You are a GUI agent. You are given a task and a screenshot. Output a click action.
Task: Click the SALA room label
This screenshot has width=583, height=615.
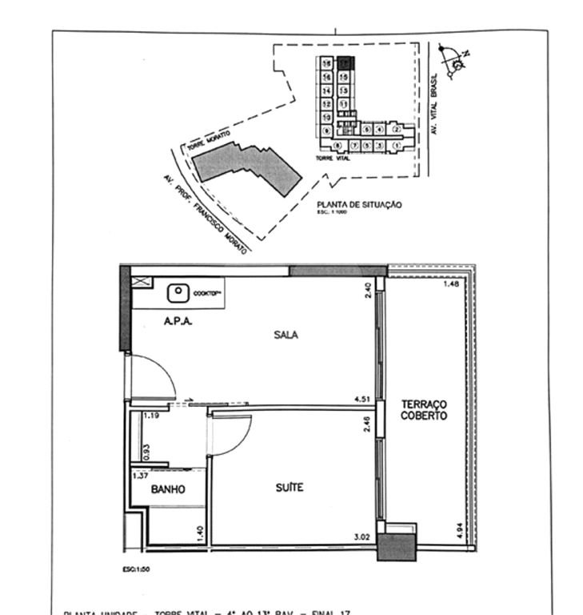pyautogui.click(x=286, y=336)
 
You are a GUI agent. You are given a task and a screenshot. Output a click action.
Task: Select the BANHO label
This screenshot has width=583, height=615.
pyautogui.click(x=168, y=490)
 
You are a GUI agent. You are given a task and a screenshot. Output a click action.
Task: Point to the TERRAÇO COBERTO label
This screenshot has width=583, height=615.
pyautogui.click(x=424, y=410)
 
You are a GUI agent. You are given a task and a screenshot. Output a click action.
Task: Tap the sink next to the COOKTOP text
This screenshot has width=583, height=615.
pyautogui.click(x=178, y=294)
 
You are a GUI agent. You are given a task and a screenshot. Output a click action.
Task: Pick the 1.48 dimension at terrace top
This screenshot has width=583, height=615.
pyautogui.click(x=453, y=284)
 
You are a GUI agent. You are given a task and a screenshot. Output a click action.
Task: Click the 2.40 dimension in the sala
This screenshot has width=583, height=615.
pyautogui.click(x=369, y=292)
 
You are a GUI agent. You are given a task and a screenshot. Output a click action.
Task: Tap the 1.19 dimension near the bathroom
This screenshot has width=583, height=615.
pyautogui.click(x=152, y=416)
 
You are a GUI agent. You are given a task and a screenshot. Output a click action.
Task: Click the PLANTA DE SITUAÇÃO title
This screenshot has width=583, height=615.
pyautogui.click(x=359, y=205)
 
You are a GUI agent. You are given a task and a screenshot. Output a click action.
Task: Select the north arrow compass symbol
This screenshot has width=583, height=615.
pyautogui.click(x=457, y=62)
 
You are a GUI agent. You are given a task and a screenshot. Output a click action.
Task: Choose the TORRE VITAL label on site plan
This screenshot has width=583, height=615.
pyautogui.click(x=329, y=159)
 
